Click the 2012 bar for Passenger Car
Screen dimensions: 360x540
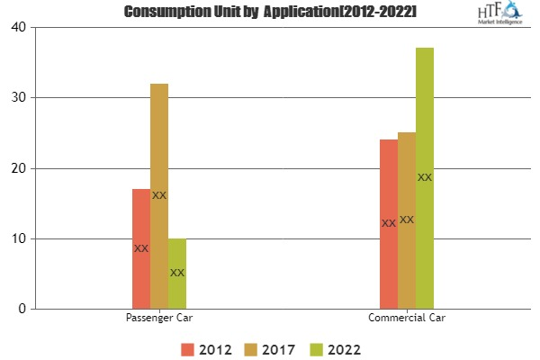tap(141, 249)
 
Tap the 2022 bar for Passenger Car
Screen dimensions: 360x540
tap(177, 274)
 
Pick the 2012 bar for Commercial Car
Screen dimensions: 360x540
tap(389, 224)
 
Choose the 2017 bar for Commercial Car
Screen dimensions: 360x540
tap(407, 220)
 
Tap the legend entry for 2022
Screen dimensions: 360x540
tap(337, 347)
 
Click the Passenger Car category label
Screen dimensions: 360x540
tap(158, 319)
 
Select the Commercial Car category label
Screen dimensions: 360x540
tap(407, 319)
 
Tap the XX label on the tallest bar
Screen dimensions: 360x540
tap(425, 178)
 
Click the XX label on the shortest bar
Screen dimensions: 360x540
tap(177, 273)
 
